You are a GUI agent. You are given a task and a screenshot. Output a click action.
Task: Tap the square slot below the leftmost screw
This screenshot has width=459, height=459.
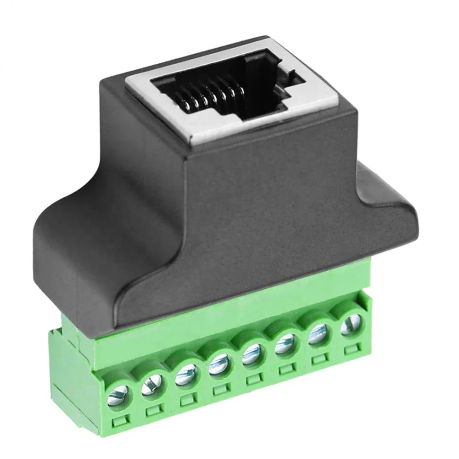[x=121, y=421]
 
